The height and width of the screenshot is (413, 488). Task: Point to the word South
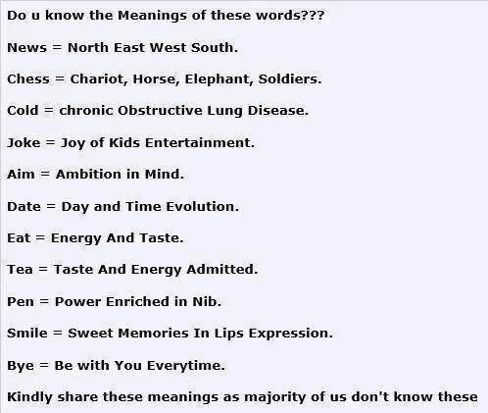pyautogui.click(x=215, y=48)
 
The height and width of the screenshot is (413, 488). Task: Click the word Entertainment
pyautogui.click(x=199, y=143)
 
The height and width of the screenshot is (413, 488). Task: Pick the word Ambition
pyautogui.click(x=88, y=174)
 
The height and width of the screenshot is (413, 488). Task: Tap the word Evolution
pyautogui.click(x=202, y=207)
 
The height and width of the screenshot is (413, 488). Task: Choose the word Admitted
pyautogui.click(x=222, y=270)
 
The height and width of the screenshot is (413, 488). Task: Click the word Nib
pyautogui.click(x=207, y=301)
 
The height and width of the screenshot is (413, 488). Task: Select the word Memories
pyautogui.click(x=153, y=334)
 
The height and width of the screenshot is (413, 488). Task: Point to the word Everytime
pyautogui.click(x=186, y=366)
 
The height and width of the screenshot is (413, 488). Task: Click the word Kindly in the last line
pyautogui.click(x=29, y=397)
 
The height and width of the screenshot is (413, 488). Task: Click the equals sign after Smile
pyautogui.click(x=58, y=334)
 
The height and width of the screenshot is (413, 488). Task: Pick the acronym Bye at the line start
pyautogui.click(x=21, y=366)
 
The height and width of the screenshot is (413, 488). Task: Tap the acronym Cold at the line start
pyautogui.click(x=23, y=111)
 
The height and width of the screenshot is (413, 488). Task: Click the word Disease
pyautogui.click(x=278, y=111)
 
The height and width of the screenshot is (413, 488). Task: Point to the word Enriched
pyautogui.click(x=137, y=301)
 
